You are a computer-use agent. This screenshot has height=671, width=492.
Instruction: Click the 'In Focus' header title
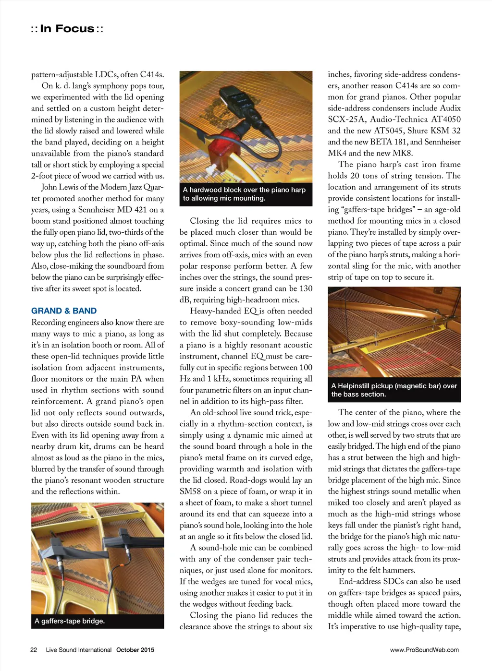point(67,29)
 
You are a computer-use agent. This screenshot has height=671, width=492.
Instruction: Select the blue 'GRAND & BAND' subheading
point(64,311)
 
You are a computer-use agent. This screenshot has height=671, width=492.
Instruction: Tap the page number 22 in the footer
point(34,650)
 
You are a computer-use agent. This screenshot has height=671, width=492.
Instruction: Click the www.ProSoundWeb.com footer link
point(424,650)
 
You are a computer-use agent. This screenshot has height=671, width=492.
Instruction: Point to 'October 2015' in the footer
point(135,650)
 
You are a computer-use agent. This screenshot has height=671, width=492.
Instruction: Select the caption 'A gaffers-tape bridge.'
point(70,621)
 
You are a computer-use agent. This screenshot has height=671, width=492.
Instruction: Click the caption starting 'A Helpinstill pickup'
point(394,390)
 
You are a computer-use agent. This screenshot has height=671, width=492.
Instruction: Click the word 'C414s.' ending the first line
point(152,74)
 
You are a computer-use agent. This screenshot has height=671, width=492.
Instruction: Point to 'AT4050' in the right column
point(442,120)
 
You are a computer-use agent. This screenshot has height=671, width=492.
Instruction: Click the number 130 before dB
point(306,288)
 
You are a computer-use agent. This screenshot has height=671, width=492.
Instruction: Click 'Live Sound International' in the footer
point(79,650)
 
